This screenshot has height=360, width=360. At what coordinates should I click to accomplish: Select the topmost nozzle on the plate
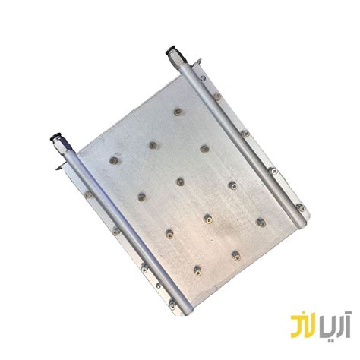pos(177,112)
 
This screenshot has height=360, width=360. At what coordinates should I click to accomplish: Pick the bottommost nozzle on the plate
pos(197,268)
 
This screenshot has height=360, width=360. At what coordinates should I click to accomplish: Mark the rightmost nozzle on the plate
pos(261,222)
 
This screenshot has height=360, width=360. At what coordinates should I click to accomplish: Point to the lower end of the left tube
pos(181,312)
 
